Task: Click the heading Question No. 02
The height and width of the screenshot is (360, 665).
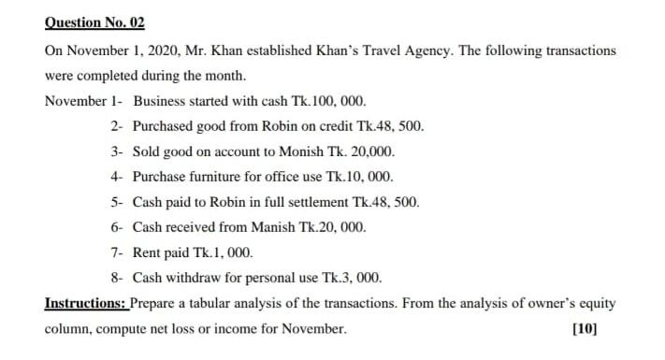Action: coord(94,22)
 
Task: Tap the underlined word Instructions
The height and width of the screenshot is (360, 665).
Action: coord(85,303)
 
